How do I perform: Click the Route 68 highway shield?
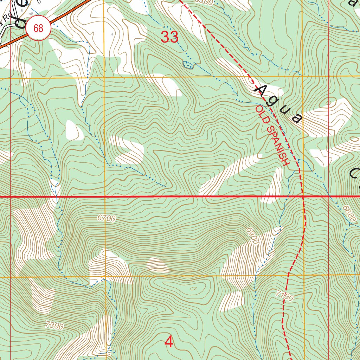click(x=38, y=28)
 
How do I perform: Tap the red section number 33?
click(x=170, y=37)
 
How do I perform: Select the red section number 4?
click(x=169, y=342)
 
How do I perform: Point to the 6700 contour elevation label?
click(x=107, y=218)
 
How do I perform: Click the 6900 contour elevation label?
click(x=252, y=236)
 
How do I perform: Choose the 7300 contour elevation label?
click(x=54, y=326)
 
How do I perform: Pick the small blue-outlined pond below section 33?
click(x=188, y=64)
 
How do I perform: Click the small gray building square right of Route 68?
click(x=112, y=34)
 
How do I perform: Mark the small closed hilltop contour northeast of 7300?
click(x=193, y=289)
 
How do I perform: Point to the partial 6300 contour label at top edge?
click(x=204, y=2)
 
